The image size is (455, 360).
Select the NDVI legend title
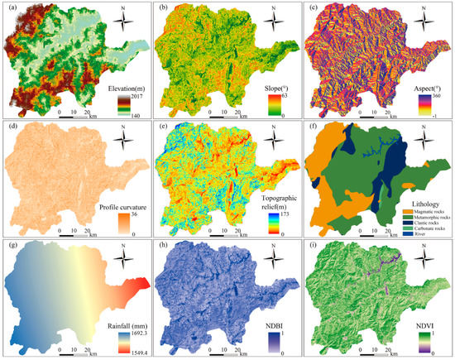click(418, 315)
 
